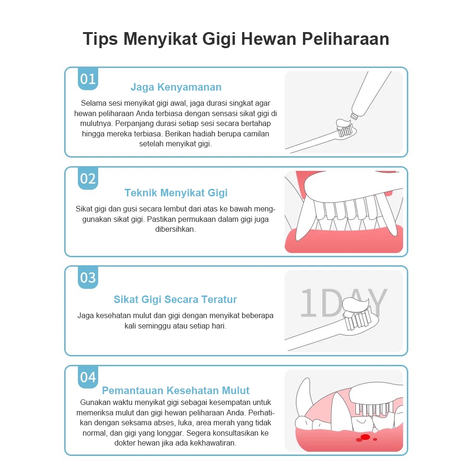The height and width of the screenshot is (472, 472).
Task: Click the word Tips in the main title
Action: (100, 39)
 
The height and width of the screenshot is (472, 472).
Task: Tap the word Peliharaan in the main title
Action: (346, 39)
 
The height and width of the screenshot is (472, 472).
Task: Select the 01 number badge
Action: (88, 79)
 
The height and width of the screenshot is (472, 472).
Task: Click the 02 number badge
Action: (88, 178)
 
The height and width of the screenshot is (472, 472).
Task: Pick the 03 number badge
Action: (88, 278)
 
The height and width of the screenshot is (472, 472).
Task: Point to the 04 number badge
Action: (88, 377)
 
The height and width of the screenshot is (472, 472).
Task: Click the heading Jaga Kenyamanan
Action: (176, 87)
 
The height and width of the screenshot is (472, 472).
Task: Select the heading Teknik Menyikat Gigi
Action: (176, 193)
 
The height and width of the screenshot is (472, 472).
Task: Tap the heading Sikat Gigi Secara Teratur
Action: (175, 300)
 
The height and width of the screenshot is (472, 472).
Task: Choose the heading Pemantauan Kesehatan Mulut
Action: (176, 390)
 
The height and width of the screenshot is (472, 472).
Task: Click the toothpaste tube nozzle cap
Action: (354, 116)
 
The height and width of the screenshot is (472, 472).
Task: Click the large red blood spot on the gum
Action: (365, 437)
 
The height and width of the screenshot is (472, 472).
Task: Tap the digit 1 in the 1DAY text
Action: (309, 303)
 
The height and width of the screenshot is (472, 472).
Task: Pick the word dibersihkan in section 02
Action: (176, 229)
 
